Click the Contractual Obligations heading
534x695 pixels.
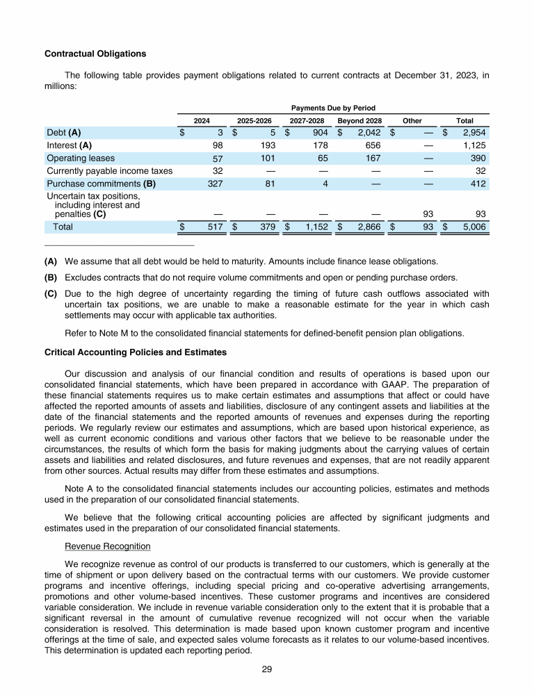point(95,53)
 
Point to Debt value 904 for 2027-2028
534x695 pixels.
point(320,132)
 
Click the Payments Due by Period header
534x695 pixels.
point(333,108)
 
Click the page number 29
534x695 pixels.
point(267,669)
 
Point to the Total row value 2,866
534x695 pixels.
point(368,227)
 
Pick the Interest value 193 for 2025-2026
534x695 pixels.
point(267,145)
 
